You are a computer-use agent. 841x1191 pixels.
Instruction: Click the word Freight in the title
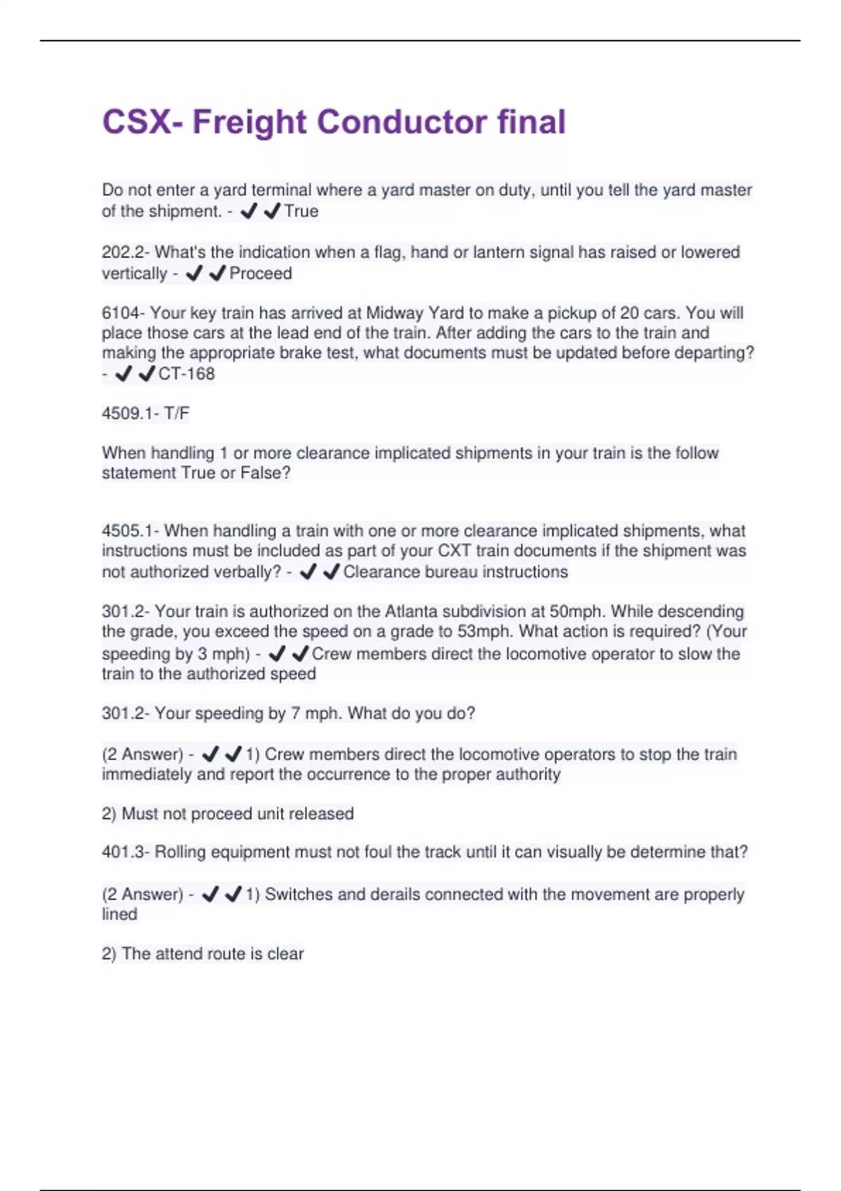pos(249,122)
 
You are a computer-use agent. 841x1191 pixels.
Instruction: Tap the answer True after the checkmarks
pos(301,211)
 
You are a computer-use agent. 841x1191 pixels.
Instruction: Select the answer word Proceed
pos(261,273)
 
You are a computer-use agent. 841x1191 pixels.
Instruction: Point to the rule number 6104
pos(119,312)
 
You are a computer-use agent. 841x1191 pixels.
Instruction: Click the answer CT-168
pos(186,374)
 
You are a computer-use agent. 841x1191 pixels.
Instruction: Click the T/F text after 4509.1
pos(177,413)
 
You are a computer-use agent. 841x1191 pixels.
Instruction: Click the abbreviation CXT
pos(454,551)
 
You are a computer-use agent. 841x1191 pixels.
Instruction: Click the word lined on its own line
pos(119,914)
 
